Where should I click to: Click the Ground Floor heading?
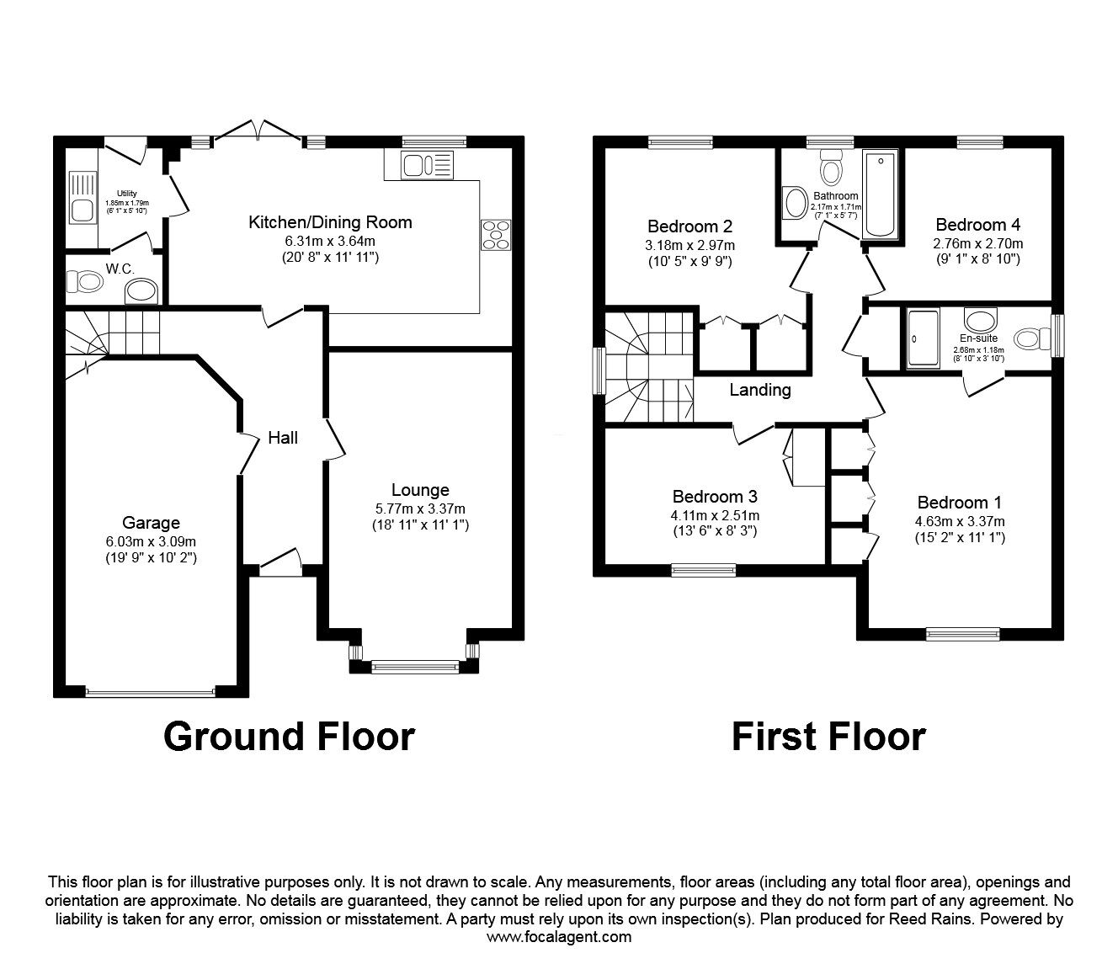(289, 737)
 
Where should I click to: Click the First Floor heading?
(828, 737)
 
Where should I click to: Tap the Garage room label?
(151, 523)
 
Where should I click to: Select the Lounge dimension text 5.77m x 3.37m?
(420, 508)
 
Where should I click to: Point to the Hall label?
(283, 438)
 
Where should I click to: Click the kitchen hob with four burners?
(496, 235)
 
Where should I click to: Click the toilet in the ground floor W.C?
(84, 282)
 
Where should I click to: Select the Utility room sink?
(83, 197)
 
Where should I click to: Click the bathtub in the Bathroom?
(880, 194)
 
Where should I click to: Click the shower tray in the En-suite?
(924, 338)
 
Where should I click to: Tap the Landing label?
(760, 390)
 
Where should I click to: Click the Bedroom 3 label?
(715, 496)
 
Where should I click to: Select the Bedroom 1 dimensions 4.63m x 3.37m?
(960, 522)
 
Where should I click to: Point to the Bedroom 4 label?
(978, 225)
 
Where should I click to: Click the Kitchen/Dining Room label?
(330, 222)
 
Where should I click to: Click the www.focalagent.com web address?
(559, 937)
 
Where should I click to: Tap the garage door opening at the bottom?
(151, 692)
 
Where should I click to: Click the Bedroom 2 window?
(680, 142)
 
